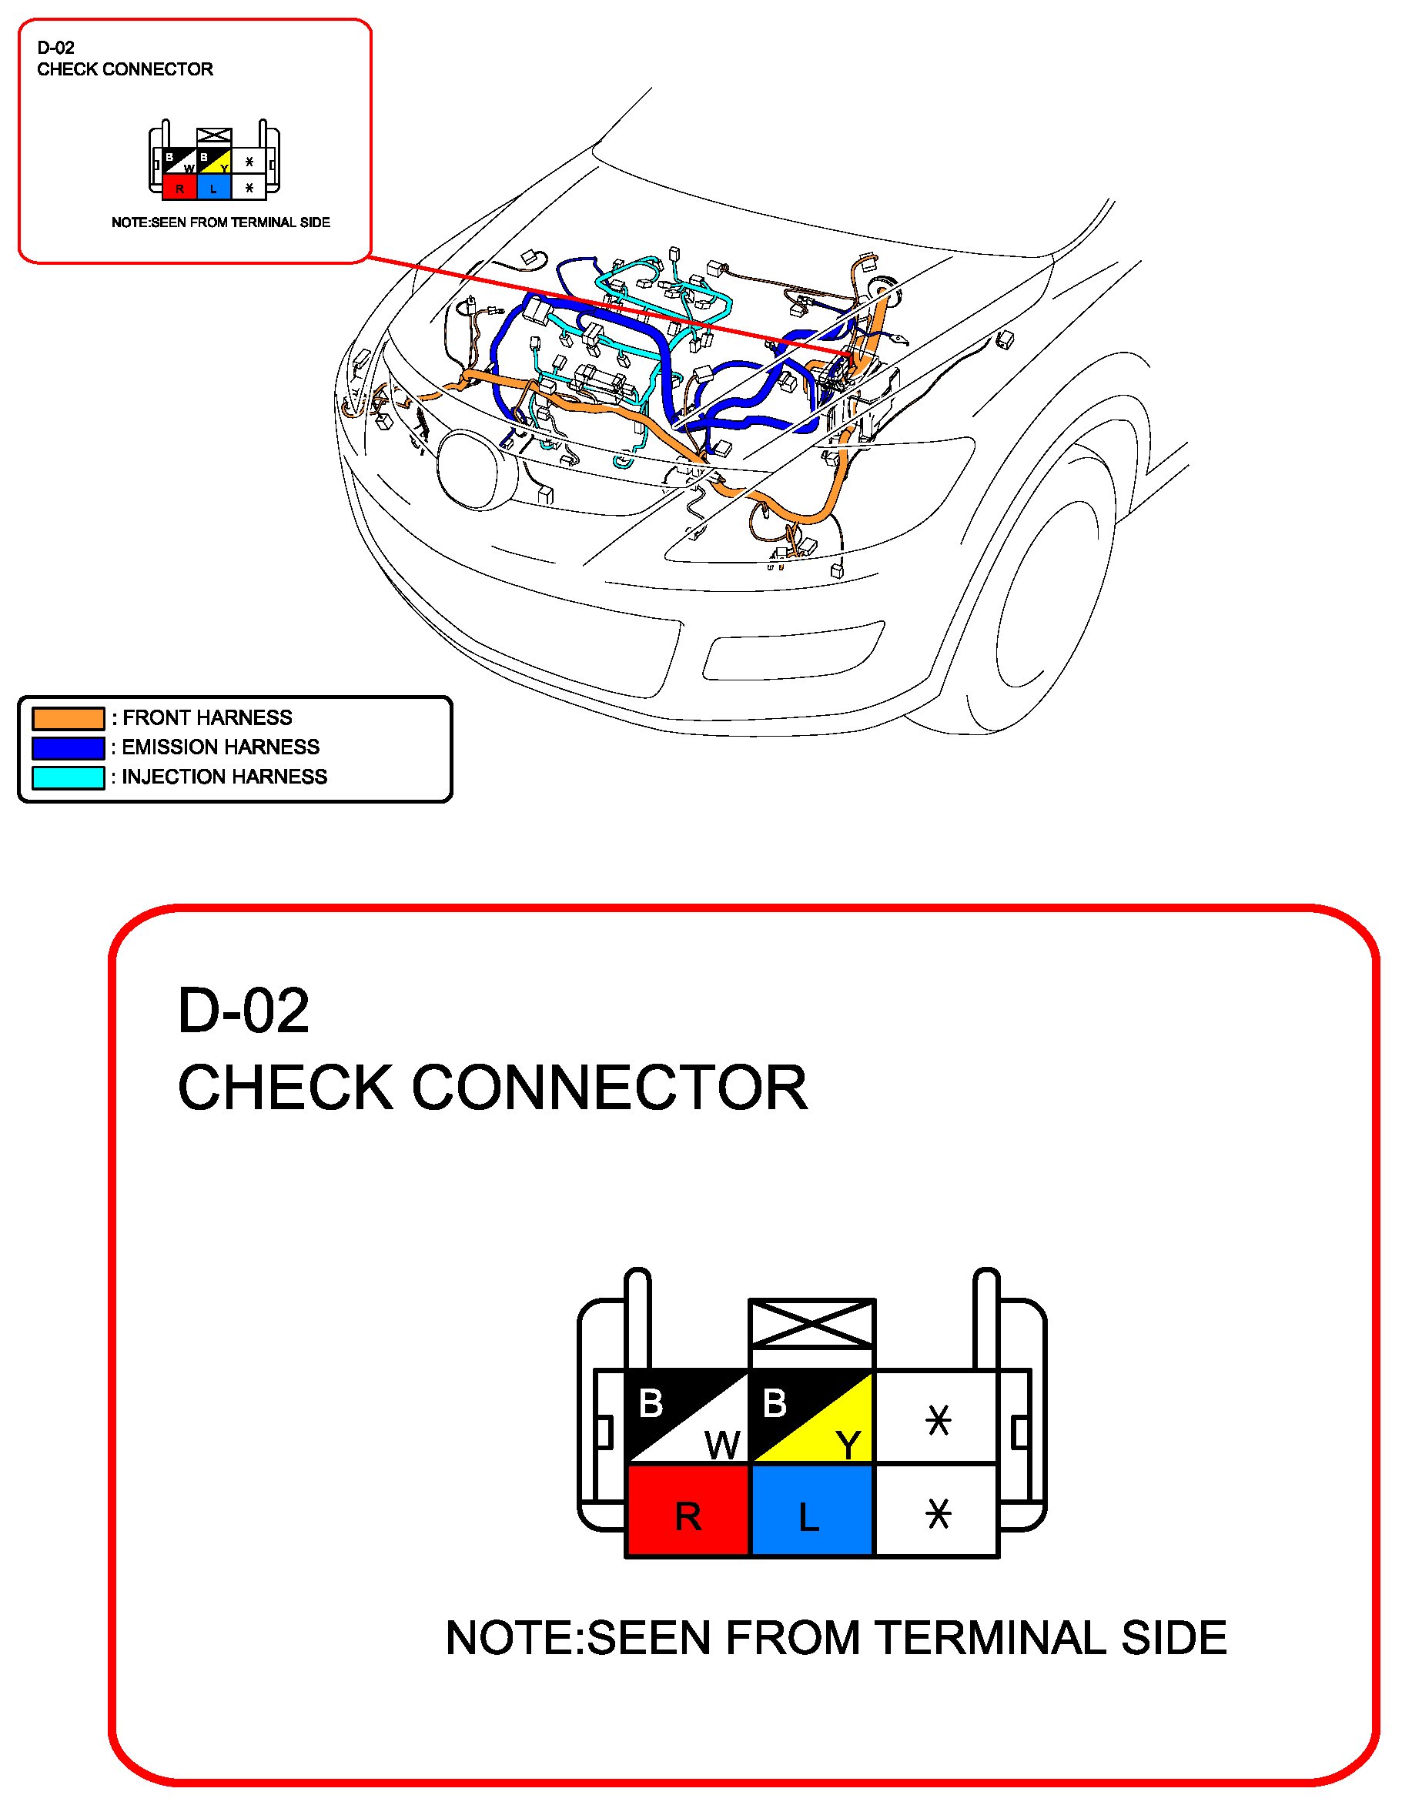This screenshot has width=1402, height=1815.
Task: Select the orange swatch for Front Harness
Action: point(69,718)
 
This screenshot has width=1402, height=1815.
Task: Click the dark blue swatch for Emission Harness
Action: point(69,747)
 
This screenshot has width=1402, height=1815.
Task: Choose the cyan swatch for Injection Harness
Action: point(69,777)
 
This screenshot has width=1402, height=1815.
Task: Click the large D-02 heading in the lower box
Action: point(243,1011)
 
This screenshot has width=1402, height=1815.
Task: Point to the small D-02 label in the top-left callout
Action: point(55,48)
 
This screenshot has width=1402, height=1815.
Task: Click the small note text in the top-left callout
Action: point(221,222)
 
